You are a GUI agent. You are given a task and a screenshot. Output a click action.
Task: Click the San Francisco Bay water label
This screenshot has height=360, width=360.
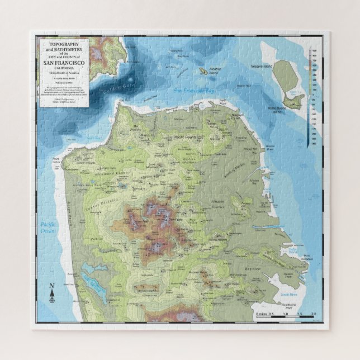point(194,89)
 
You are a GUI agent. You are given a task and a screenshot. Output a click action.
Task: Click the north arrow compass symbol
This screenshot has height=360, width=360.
point(52,293)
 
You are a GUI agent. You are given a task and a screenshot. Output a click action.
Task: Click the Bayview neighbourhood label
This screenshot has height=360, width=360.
point(253,269)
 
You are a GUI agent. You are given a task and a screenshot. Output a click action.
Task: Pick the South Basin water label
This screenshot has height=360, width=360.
point(290,293)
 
